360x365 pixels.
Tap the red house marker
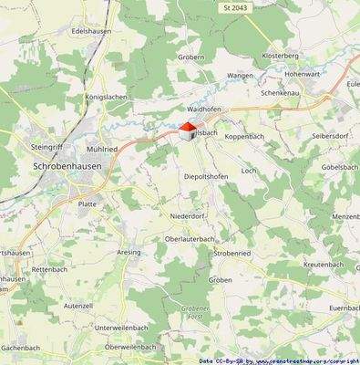click(187, 133)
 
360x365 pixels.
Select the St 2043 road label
click(235, 7)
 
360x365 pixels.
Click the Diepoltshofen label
click(205, 176)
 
